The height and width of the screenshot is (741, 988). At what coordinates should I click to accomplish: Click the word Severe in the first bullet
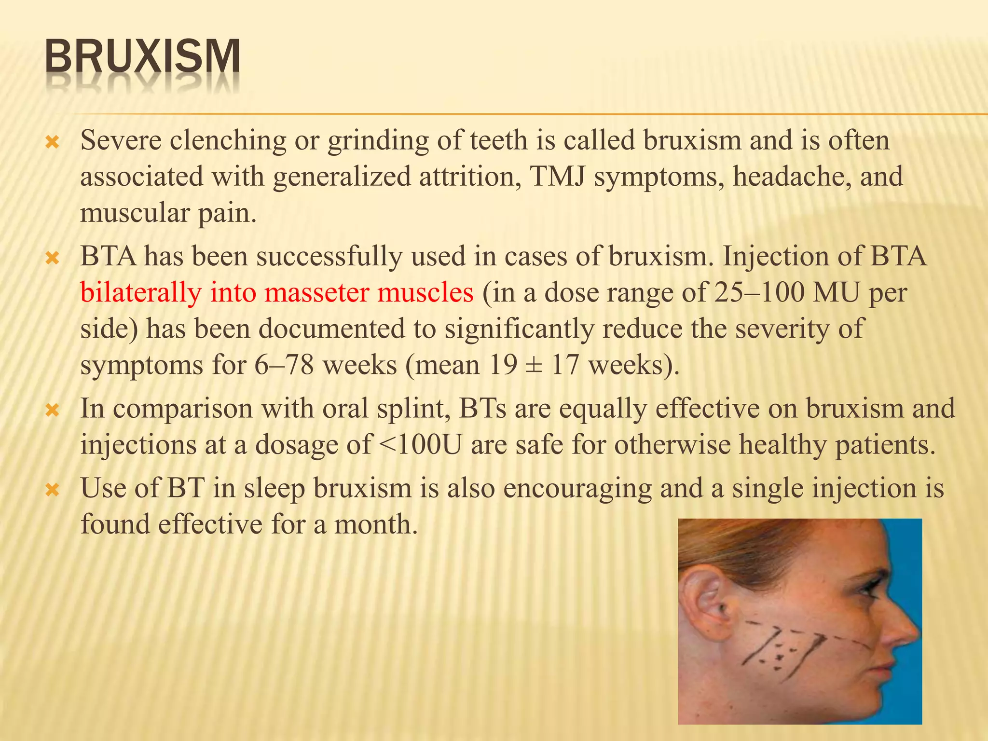pos(121,140)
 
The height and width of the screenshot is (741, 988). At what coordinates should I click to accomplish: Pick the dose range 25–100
pos(759,292)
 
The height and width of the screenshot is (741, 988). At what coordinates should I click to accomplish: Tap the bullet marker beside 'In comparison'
pos(52,411)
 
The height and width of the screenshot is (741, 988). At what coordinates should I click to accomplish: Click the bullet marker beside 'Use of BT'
pos(52,491)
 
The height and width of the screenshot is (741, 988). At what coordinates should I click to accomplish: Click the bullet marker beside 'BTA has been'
pos(52,258)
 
